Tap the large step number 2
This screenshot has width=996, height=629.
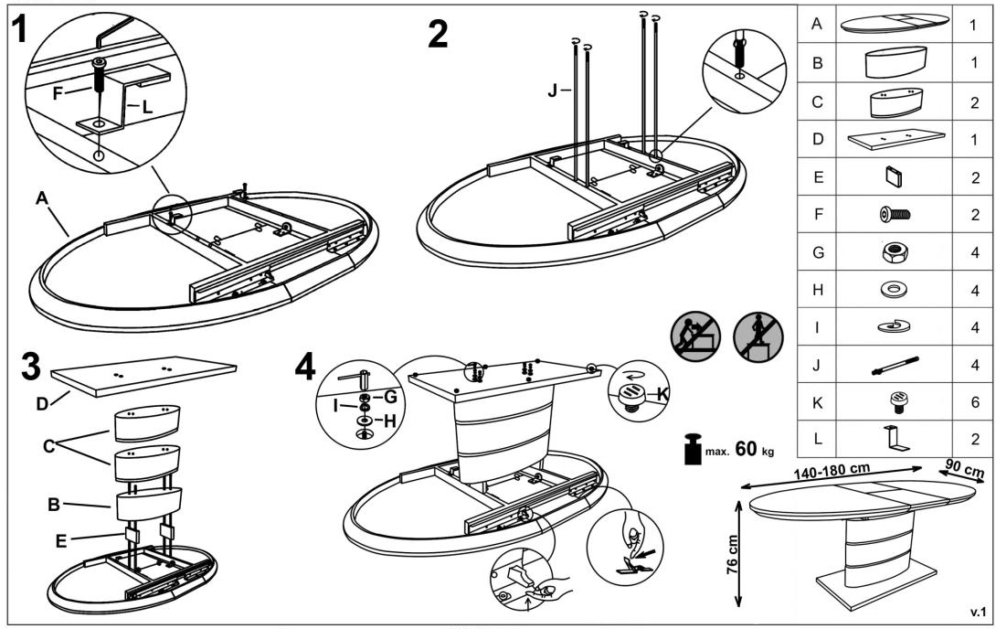(x=439, y=34)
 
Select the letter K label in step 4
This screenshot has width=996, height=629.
(x=662, y=395)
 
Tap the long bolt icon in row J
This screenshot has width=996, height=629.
(x=894, y=365)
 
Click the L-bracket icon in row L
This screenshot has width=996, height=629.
(x=894, y=437)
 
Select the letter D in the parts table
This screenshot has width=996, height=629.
(x=818, y=140)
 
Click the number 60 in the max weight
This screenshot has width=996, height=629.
(x=747, y=450)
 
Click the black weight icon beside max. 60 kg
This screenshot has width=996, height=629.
(x=693, y=451)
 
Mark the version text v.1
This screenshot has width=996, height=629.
(x=975, y=610)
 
